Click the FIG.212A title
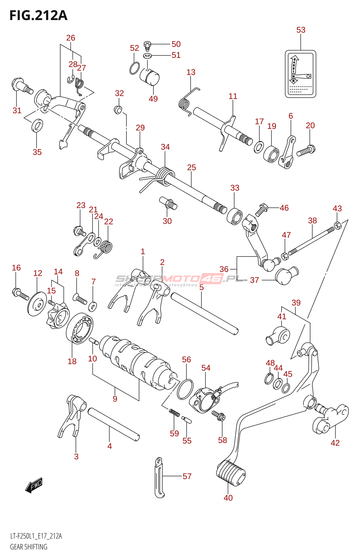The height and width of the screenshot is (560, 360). [x=38, y=16]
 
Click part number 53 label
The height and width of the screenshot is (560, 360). [x=301, y=30]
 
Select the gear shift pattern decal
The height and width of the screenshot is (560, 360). [x=300, y=74]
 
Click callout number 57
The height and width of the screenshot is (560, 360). [x=187, y=476]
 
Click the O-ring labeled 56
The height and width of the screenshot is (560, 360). [x=185, y=389]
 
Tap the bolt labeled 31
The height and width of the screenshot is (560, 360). [x=22, y=86]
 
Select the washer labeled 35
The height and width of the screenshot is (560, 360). [x=37, y=126]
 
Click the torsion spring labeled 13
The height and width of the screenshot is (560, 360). [x=187, y=100]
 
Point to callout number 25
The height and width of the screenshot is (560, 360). [x=192, y=168]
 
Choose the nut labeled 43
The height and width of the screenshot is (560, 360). [x=337, y=225]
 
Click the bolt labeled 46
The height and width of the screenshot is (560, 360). [x=261, y=209]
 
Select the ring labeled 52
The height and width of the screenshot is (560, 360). [x=134, y=68]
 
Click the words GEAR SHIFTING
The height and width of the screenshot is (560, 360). [x=29, y=547]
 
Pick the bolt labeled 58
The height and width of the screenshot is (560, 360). [x=219, y=416]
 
